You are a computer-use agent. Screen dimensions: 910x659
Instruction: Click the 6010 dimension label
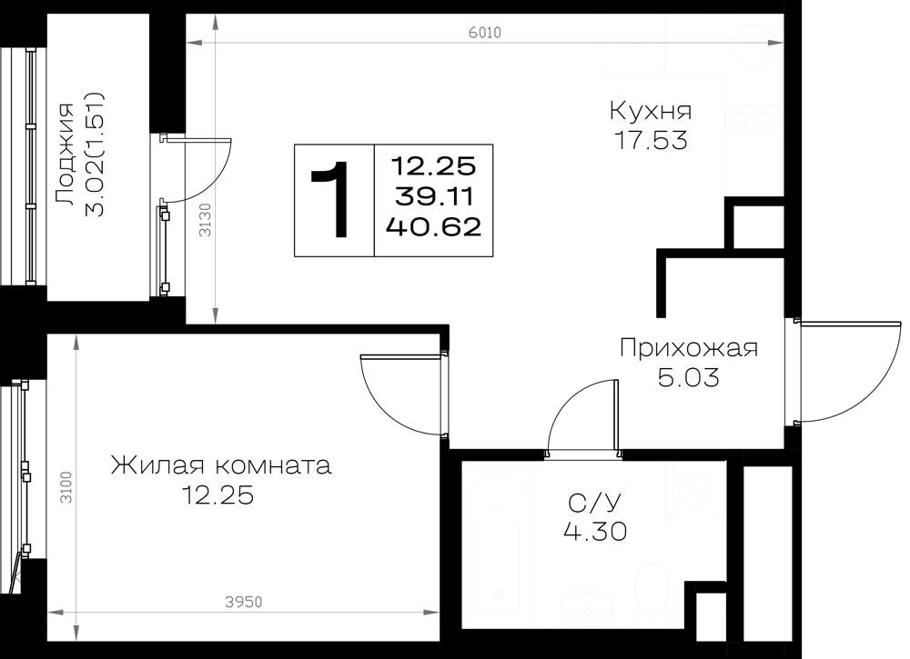pyautogui.click(x=485, y=33)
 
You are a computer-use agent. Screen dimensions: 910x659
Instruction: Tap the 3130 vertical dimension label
pyautogui.click(x=205, y=220)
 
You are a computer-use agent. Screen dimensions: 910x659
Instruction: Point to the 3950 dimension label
pyautogui.click(x=244, y=603)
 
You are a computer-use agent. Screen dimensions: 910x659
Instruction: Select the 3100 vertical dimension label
pyautogui.click(x=66, y=487)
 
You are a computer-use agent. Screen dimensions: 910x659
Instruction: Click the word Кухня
pyautogui.click(x=651, y=111)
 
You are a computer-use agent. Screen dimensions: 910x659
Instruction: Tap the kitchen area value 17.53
pyautogui.click(x=652, y=141)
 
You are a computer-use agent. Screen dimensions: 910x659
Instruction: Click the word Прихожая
pyautogui.click(x=689, y=349)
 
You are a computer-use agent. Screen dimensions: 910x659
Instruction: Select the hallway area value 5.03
pyautogui.click(x=688, y=378)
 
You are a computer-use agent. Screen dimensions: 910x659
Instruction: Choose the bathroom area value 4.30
pyautogui.click(x=595, y=531)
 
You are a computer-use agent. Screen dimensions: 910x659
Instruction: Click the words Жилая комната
pyautogui.click(x=221, y=465)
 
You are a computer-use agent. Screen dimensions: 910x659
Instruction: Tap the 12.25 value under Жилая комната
pyautogui.click(x=217, y=495)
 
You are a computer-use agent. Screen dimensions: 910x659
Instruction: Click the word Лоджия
pyautogui.click(x=65, y=155)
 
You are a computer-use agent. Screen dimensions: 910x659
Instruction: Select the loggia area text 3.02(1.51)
pyautogui.click(x=95, y=155)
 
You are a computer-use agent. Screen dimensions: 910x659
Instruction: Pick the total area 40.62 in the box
pyautogui.click(x=434, y=226)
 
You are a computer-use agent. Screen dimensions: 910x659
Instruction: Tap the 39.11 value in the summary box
pyautogui.click(x=434, y=197)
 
